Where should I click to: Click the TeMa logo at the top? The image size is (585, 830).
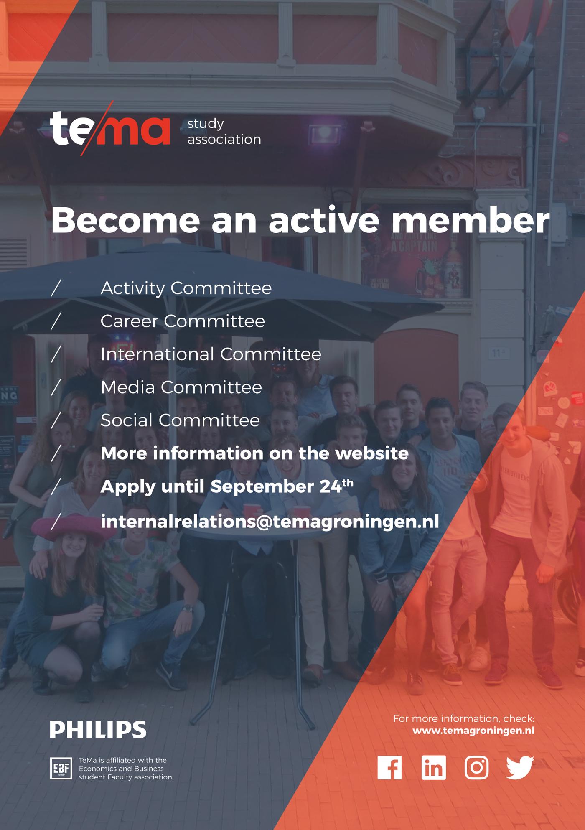[110, 128]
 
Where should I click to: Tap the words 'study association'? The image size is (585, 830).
[224, 132]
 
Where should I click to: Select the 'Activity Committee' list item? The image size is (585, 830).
[186, 288]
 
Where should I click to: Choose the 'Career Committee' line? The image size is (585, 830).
[183, 321]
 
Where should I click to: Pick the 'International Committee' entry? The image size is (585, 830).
[211, 354]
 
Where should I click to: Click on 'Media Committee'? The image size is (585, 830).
[181, 387]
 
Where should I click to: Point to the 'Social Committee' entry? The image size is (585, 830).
[180, 420]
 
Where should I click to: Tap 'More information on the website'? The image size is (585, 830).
[254, 453]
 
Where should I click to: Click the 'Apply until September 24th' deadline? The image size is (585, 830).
[227, 486]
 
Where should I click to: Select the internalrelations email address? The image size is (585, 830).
[270, 521]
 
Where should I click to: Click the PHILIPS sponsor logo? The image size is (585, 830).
[98, 729]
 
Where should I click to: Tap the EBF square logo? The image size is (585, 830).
[61, 768]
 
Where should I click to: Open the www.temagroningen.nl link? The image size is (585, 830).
[473, 731]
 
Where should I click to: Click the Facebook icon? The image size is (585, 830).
[389, 767]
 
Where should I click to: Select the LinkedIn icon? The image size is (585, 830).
[433, 767]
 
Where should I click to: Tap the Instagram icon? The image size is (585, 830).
[476, 767]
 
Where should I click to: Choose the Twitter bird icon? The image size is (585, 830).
[520, 767]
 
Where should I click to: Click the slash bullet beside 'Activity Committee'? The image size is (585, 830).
[56, 288]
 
